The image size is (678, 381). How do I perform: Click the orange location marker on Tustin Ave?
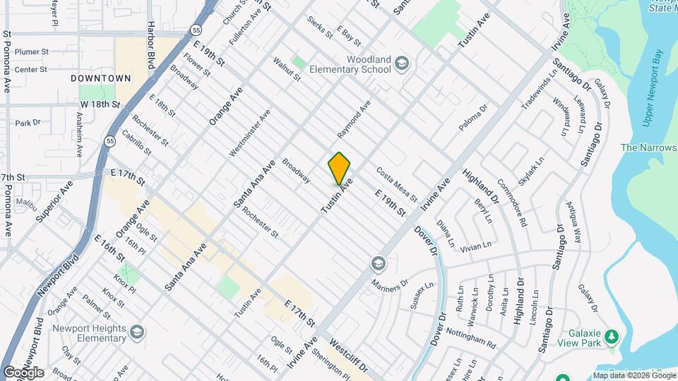[x=339, y=168]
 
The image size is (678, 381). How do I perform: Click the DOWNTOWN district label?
[x=101, y=78]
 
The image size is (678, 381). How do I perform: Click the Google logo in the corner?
[x=23, y=373]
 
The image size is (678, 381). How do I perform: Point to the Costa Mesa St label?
[x=396, y=183]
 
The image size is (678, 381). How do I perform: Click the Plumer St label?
[x=31, y=52]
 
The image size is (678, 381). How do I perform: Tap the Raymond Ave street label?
[x=353, y=119]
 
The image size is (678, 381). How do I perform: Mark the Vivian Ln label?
[x=475, y=247]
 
